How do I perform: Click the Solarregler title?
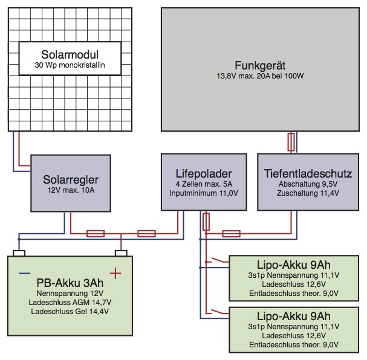pos(71,179)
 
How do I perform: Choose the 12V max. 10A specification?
pos(71,191)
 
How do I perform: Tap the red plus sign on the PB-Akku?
pos(115,274)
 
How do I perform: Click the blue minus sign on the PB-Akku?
pos(24,273)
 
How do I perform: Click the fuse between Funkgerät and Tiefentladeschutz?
pos(294,143)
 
